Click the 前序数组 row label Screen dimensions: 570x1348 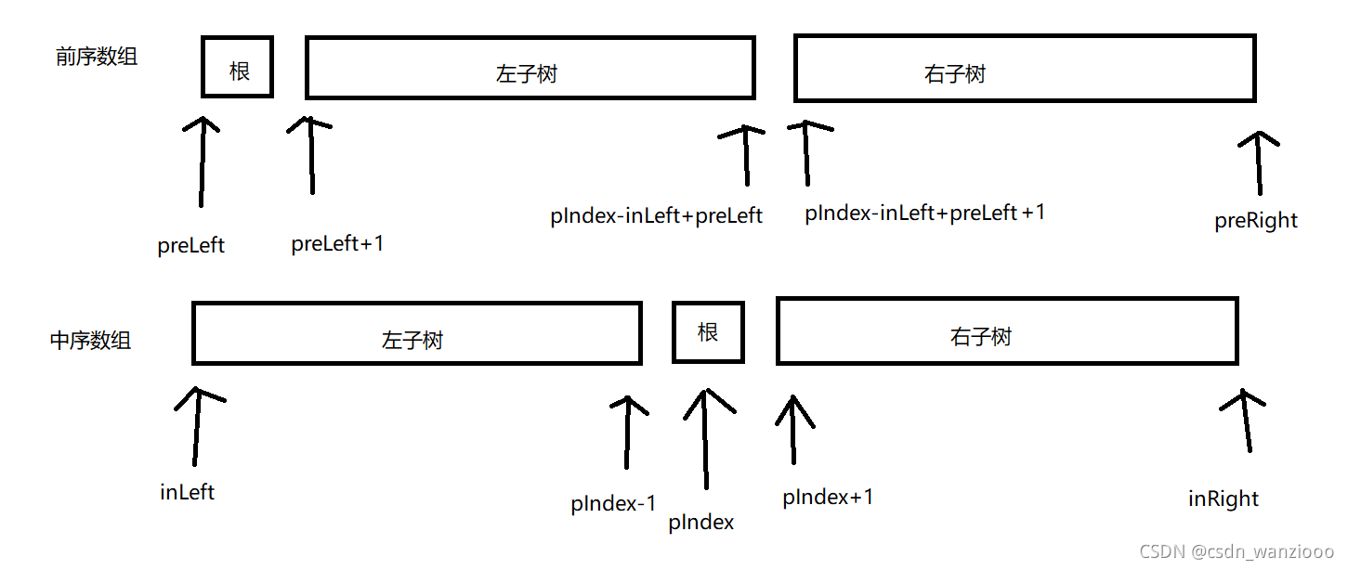(x=97, y=57)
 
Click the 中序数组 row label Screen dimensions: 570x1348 (x=90, y=340)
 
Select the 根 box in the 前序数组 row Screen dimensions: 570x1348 (x=238, y=68)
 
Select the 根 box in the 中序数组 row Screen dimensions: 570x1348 (x=708, y=331)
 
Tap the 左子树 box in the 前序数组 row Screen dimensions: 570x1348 (x=530, y=68)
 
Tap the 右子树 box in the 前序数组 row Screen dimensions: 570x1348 (x=1025, y=69)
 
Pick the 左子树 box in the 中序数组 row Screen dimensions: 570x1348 (x=416, y=331)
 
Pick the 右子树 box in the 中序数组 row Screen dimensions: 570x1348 (x=1007, y=330)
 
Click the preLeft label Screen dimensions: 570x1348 (x=191, y=246)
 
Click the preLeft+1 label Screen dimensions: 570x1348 (x=337, y=244)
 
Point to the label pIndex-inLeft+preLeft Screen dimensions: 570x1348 (x=656, y=216)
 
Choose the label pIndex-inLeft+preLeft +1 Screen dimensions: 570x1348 (x=925, y=213)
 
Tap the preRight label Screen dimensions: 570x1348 (x=1255, y=221)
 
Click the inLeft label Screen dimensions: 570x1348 (x=187, y=492)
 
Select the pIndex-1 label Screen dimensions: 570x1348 (x=613, y=504)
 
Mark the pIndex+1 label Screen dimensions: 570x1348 (x=828, y=497)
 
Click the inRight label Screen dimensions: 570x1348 (x=1224, y=499)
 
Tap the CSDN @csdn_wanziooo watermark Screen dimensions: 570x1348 (x=1237, y=551)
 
